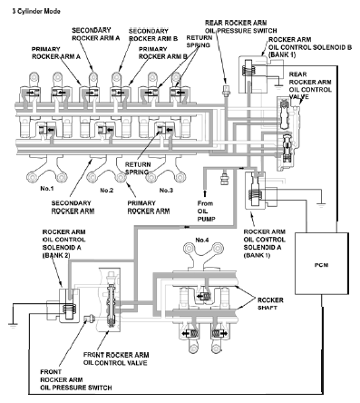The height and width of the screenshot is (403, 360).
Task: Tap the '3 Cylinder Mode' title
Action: pyautogui.click(x=36, y=12)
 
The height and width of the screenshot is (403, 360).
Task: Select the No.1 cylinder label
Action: pyautogui.click(x=47, y=189)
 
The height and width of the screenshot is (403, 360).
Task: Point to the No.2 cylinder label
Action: pyautogui.click(x=107, y=191)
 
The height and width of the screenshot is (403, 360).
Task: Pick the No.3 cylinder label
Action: pyautogui.click(x=166, y=191)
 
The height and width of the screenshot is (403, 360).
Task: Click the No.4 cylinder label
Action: pyautogui.click(x=202, y=240)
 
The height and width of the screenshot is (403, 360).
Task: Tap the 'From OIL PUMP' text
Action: pyautogui.click(x=206, y=211)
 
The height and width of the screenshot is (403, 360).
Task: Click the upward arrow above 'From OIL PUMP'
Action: pyautogui.click(x=205, y=193)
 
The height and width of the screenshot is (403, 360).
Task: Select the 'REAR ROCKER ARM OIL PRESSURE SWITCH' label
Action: pyautogui.click(x=241, y=26)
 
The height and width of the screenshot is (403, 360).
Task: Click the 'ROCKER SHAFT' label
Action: pyautogui.click(x=270, y=304)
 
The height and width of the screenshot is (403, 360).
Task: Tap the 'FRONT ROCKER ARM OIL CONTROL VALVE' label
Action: pyautogui.click(x=116, y=359)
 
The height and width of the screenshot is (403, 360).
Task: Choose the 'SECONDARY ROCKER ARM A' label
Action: pyautogui.click(x=96, y=34)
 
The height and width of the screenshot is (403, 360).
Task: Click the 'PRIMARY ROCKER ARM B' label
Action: pyautogui.click(x=163, y=53)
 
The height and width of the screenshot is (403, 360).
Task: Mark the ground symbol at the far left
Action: pyautogui.click(x=13, y=325)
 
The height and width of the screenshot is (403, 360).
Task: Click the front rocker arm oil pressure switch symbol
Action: pyautogui.click(x=89, y=318)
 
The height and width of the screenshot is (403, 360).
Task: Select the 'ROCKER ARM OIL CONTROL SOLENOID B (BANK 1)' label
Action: pyautogui.click(x=310, y=47)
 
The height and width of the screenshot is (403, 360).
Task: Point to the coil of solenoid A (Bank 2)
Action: pyautogui.click(x=69, y=308)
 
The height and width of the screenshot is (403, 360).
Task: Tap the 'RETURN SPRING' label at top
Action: pyautogui.click(x=199, y=41)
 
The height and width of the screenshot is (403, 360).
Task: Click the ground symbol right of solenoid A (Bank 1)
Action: pyautogui.click(x=321, y=205)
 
